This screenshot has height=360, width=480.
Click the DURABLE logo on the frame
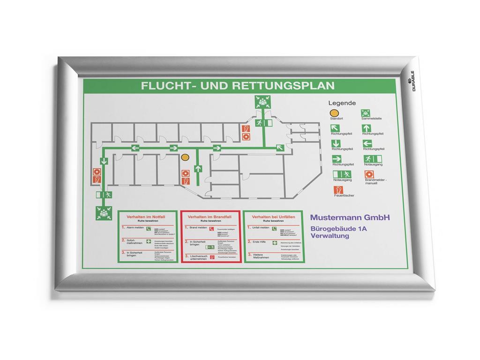point(412,81)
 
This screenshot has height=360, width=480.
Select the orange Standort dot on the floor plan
point(185,157)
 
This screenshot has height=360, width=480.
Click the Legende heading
point(342,103)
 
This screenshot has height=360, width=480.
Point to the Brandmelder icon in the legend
point(368,174)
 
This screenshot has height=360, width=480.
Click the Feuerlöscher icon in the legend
point(337,190)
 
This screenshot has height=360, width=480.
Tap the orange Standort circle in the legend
point(334,113)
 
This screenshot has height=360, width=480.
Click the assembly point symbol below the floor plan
point(103,213)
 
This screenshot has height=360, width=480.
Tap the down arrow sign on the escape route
point(103,162)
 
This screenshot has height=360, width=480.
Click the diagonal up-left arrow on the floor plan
point(280,148)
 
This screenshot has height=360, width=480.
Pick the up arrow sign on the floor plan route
point(198,167)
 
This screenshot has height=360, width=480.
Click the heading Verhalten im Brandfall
point(210,217)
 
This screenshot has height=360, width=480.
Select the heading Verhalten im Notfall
point(147,217)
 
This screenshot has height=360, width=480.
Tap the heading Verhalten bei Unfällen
point(273,217)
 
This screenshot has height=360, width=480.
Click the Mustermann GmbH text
point(350,217)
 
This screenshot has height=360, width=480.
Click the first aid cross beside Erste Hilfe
point(275,242)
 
